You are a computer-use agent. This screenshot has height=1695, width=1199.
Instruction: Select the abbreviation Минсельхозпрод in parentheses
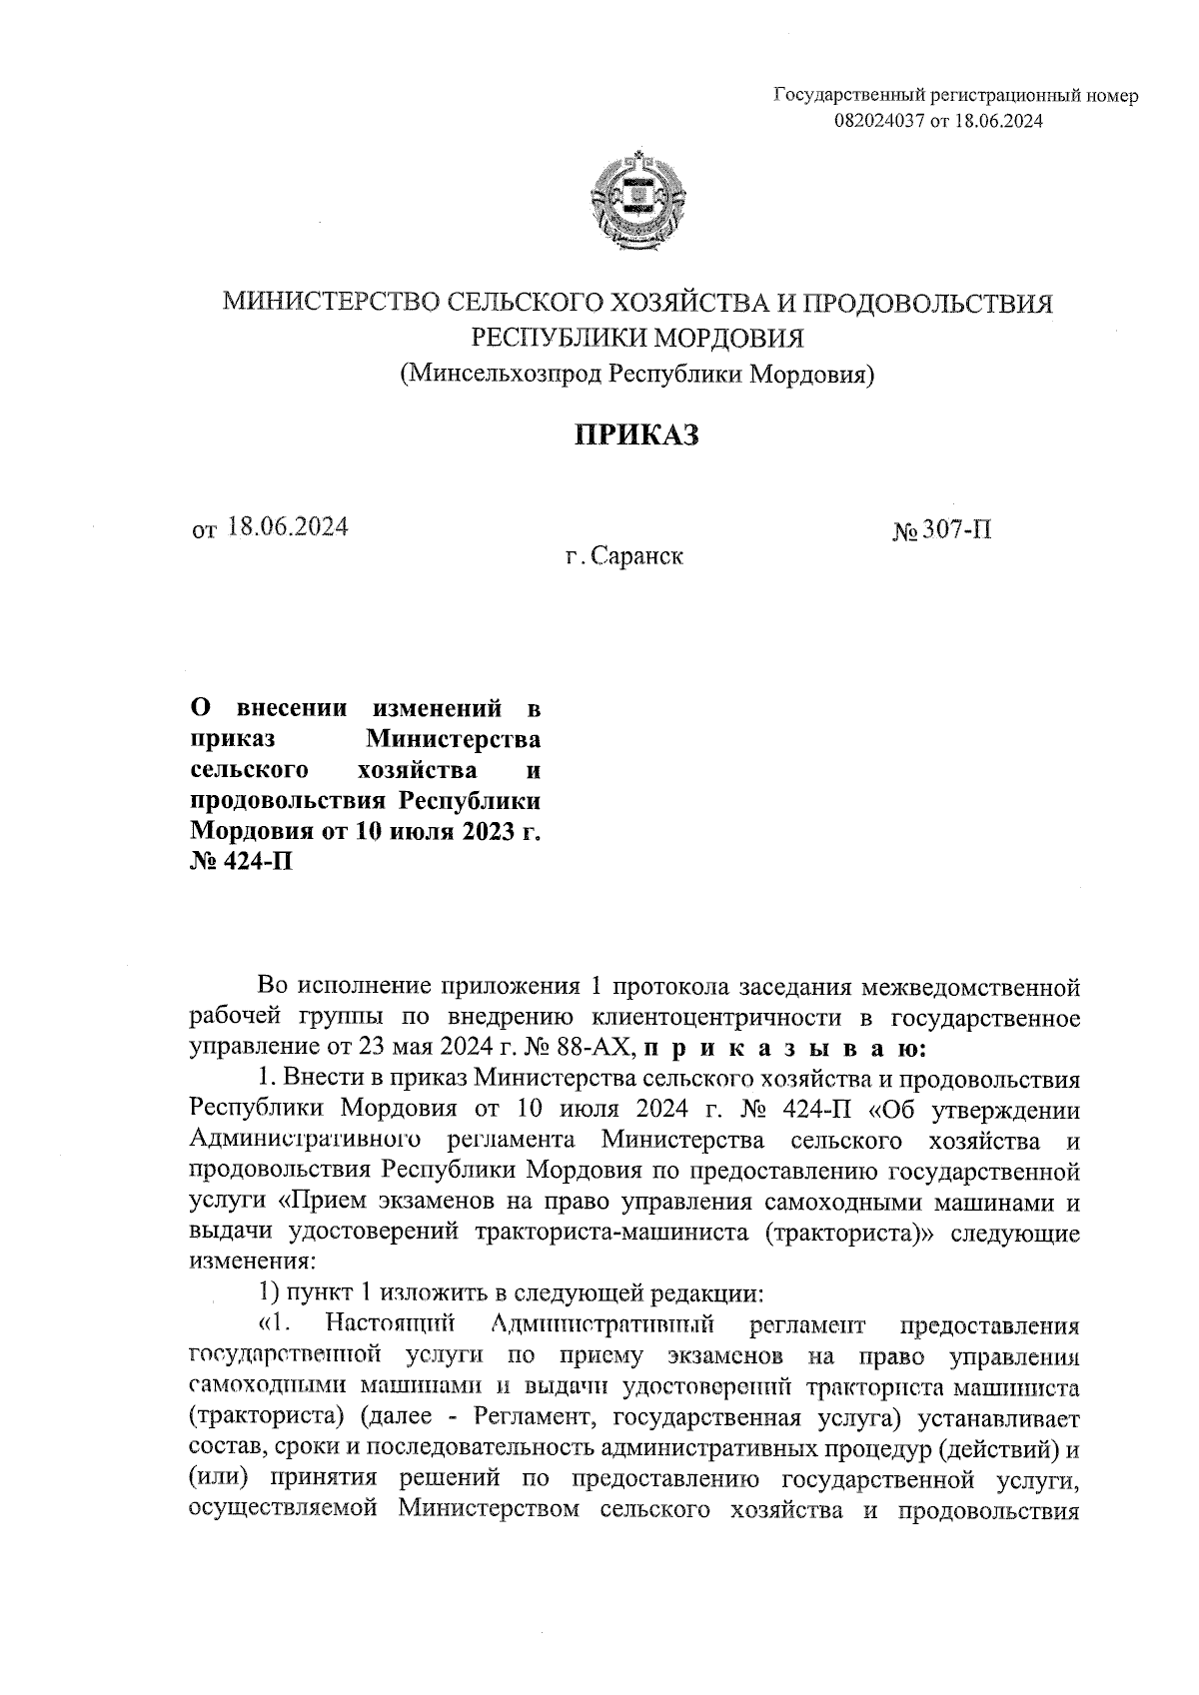pyautogui.click(x=503, y=375)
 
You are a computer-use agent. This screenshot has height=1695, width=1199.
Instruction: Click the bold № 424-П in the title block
pyautogui.click(x=241, y=861)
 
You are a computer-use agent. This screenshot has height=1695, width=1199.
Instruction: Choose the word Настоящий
pyautogui.click(x=391, y=1325)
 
